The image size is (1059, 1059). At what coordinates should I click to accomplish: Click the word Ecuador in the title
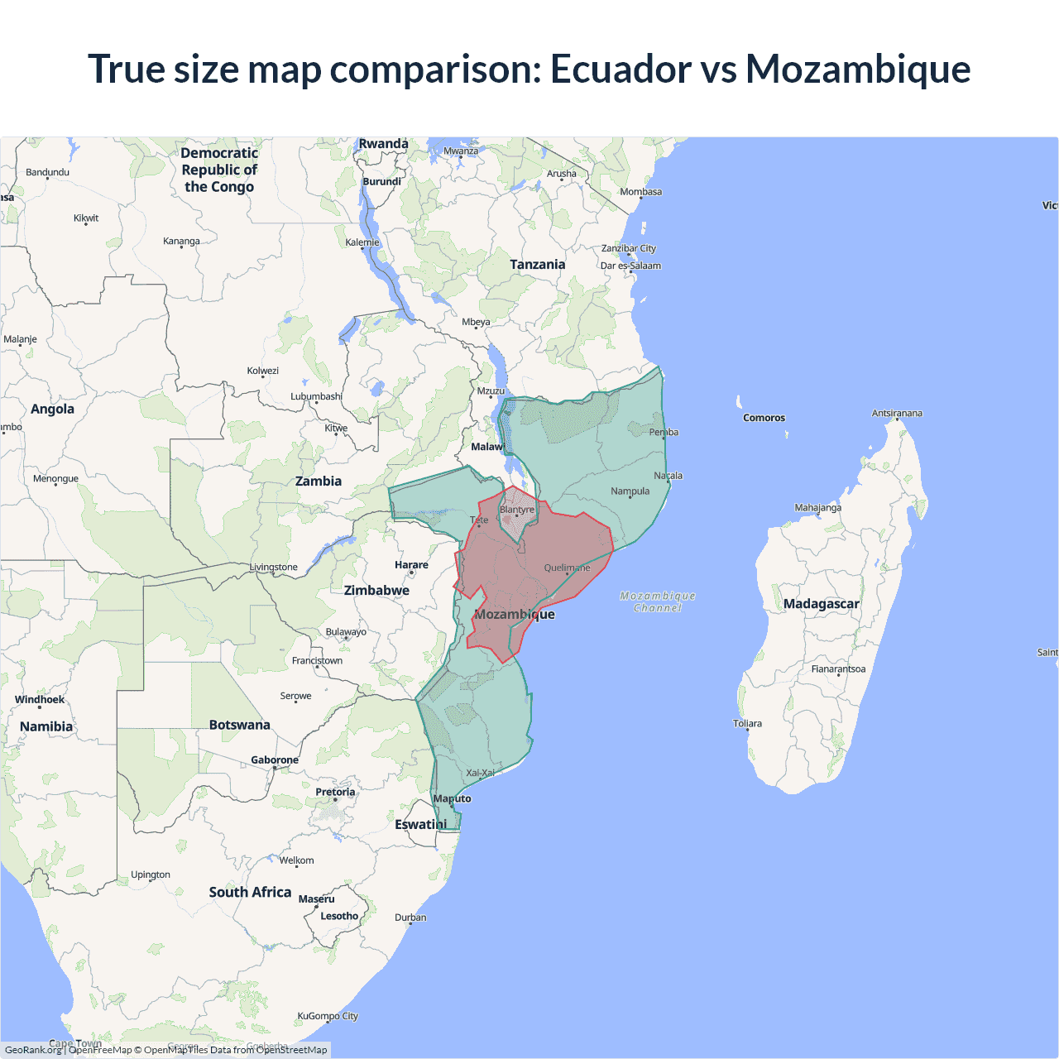(621, 69)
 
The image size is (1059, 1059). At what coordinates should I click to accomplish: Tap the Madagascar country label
(821, 604)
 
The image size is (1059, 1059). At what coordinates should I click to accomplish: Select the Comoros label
(764, 418)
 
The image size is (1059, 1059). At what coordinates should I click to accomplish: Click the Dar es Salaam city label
(630, 266)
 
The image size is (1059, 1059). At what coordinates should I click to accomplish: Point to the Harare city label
(411, 565)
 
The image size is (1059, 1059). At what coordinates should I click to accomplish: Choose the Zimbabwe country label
(376, 590)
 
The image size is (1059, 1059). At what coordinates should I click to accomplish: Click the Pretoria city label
(335, 792)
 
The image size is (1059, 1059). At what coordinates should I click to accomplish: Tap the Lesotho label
(339, 916)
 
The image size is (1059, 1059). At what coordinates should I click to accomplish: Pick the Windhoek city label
(40, 700)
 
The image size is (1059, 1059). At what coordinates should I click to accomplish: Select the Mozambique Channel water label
(658, 601)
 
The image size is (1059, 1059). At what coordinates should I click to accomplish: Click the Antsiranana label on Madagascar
(897, 413)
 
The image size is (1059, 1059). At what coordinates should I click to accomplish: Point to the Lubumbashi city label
(316, 396)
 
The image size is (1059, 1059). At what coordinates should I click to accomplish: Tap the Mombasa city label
(640, 192)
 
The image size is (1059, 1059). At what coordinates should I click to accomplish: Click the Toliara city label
(747, 723)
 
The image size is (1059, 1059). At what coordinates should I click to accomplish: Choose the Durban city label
(410, 917)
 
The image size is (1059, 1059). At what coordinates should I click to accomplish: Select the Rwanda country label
(383, 144)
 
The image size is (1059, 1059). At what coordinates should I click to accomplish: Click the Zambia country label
(319, 481)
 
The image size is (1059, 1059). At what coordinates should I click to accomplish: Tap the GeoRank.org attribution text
(33, 1050)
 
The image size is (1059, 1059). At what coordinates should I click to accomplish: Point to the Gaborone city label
(275, 760)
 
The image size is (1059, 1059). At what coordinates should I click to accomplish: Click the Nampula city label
(630, 491)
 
